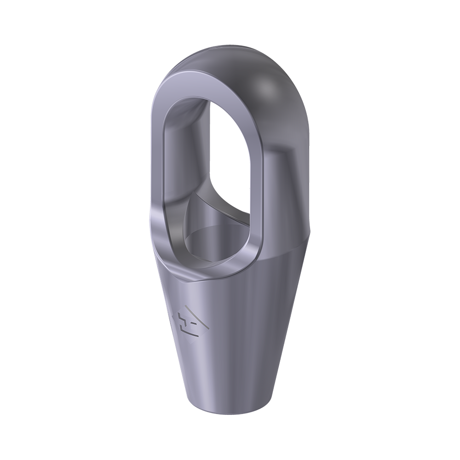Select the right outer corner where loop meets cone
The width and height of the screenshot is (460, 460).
click(x=310, y=232)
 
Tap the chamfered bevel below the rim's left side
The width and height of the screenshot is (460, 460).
click(x=159, y=239)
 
